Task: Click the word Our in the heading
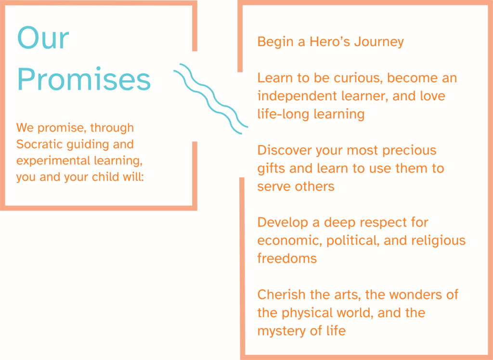[43, 38]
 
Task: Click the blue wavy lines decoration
[211, 99]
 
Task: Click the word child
[105, 177]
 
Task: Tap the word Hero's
[330, 41]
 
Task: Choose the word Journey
[379, 42]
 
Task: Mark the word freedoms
[287, 258]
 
